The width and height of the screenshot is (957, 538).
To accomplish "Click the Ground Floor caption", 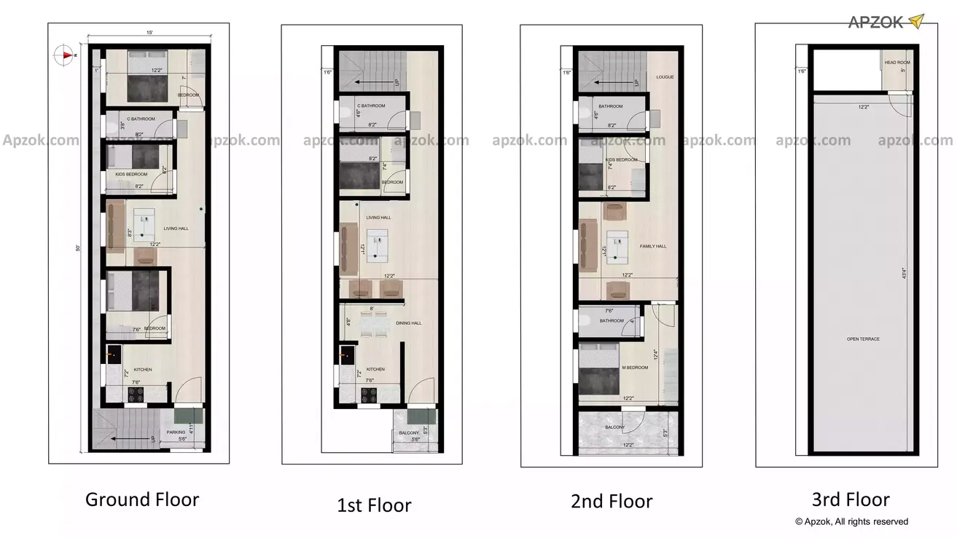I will tap(142, 499).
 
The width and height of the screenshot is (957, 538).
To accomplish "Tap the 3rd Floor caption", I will tap(851, 499).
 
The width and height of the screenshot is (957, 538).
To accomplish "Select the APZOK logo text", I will tap(875, 22).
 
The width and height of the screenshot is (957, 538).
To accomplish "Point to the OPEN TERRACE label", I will tap(863, 339).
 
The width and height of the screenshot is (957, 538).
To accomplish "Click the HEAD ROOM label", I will tap(897, 63).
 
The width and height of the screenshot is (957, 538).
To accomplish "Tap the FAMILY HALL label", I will tap(653, 247).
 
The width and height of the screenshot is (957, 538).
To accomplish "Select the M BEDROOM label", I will tap(635, 368).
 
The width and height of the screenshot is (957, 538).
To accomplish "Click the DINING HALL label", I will tap(409, 323).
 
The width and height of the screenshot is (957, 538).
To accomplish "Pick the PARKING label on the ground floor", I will tap(176, 432).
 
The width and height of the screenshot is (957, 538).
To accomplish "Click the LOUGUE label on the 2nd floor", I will tap(665, 76).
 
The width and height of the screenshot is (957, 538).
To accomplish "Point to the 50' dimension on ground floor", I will tap(78, 248).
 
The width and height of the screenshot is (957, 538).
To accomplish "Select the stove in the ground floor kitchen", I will tap(137, 394).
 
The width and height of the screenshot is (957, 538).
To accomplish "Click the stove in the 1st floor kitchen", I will tap(370, 394).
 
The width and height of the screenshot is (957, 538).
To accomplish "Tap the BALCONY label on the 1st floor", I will tap(409, 433).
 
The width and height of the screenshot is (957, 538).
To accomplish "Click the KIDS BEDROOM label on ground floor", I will tap(131, 175).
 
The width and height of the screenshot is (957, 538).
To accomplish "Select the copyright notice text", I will tap(851, 521).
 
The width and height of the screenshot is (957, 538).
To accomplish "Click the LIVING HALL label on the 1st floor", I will tap(378, 218).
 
